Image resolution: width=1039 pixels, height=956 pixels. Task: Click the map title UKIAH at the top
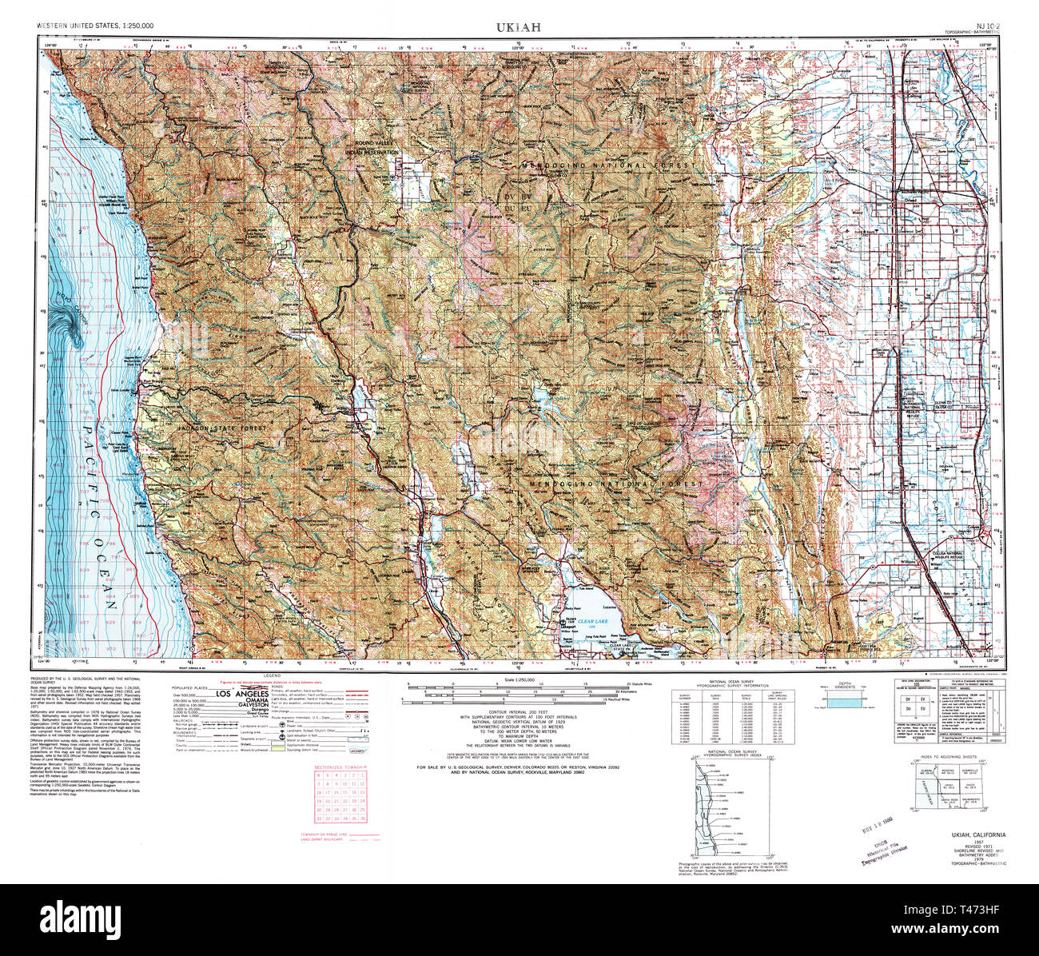pos(518,27)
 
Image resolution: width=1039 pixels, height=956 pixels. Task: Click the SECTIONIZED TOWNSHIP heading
pos(340,767)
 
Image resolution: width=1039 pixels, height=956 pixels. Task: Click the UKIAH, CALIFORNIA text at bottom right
pos(978,835)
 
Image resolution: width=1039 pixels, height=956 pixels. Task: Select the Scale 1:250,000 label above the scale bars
pos(518,679)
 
